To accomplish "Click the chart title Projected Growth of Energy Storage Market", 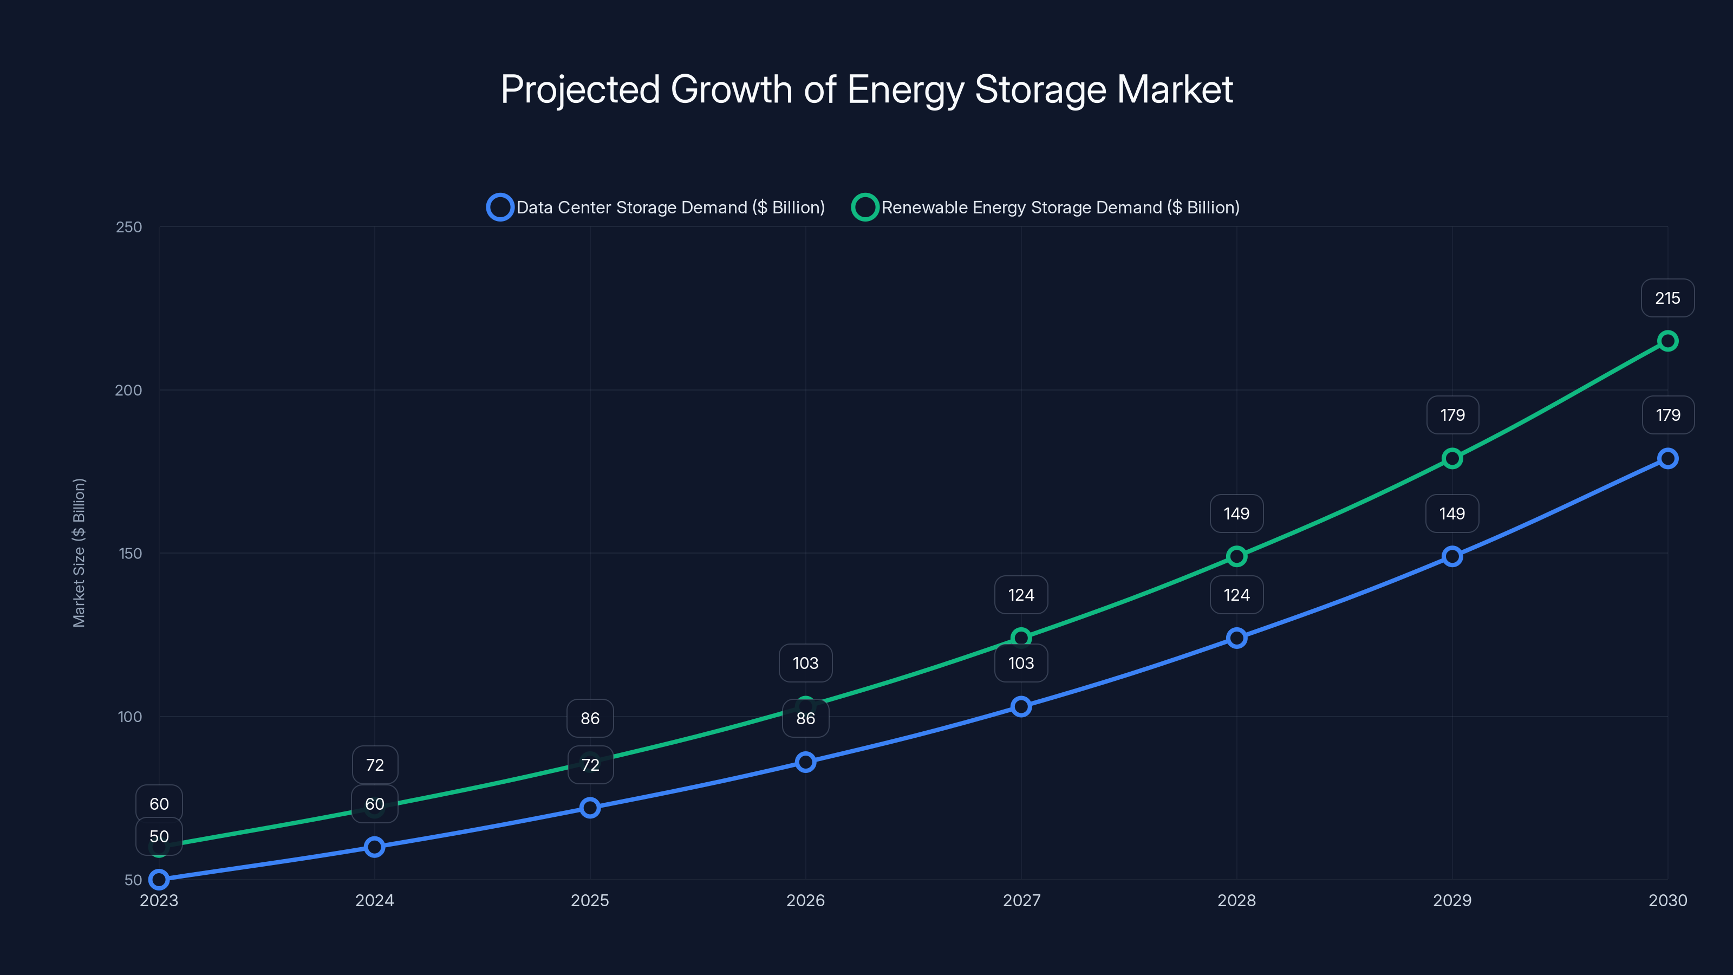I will pyautogui.click(x=866, y=89).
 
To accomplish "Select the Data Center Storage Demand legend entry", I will pyautogui.click(x=656, y=207).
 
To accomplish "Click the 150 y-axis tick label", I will pyautogui.click(x=131, y=554).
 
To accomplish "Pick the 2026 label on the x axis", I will pyautogui.click(x=805, y=900).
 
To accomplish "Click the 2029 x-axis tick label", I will pyautogui.click(x=1452, y=900).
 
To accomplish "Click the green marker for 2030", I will pyautogui.click(x=1667, y=341).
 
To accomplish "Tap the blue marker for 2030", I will pyautogui.click(x=1667, y=459).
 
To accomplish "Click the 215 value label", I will pyautogui.click(x=1667, y=298).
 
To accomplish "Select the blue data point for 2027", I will pyautogui.click(x=1020, y=706).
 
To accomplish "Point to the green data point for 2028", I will pyautogui.click(x=1236, y=556).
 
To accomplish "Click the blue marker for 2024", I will pyautogui.click(x=375, y=847).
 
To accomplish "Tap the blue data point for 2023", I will pyautogui.click(x=159, y=879).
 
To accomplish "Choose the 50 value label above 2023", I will pyautogui.click(x=159, y=836).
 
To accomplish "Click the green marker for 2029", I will pyautogui.click(x=1452, y=459).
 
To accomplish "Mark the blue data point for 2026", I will pyautogui.click(x=805, y=762).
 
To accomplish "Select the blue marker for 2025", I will pyautogui.click(x=590, y=808).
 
